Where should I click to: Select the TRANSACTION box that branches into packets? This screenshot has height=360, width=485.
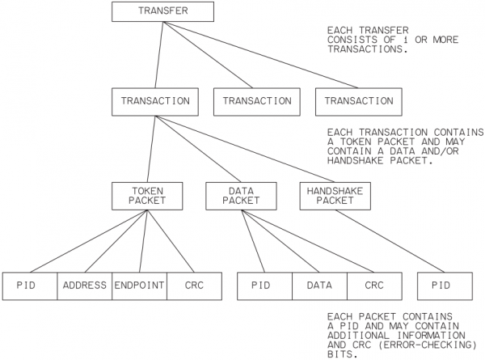(154, 101)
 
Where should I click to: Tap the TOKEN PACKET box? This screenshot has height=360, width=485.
(148, 194)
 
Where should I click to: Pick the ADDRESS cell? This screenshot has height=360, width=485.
(84, 286)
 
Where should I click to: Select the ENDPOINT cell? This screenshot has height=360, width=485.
(139, 286)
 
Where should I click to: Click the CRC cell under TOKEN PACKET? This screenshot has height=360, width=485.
(194, 286)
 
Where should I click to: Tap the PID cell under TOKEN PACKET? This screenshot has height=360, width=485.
(29, 286)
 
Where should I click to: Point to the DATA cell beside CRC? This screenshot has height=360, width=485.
(319, 286)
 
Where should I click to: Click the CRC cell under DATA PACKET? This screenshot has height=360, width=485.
(374, 286)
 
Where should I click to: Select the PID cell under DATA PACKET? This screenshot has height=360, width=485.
(264, 286)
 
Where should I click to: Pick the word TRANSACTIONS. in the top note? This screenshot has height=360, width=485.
(365, 49)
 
